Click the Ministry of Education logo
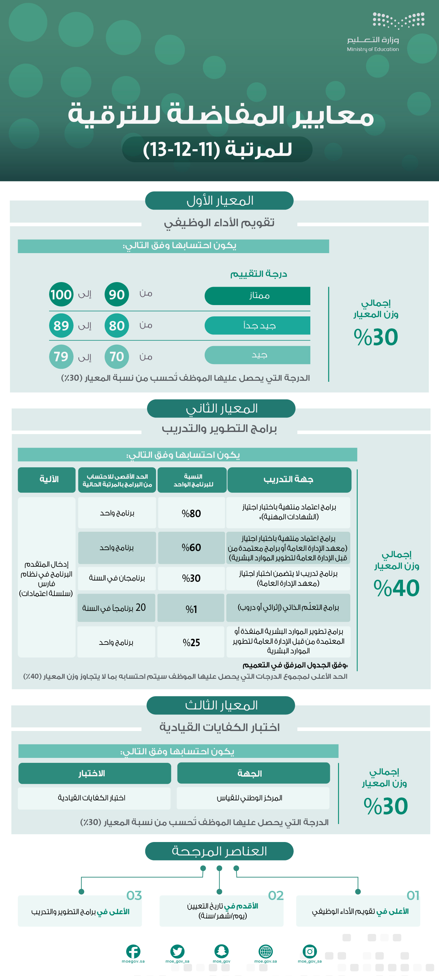click(398, 21)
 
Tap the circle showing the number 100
click(61, 294)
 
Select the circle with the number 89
click(61, 326)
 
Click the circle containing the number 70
click(117, 357)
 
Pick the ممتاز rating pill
click(258, 296)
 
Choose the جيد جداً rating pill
click(258, 326)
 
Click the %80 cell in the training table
click(191, 513)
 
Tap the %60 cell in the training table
click(191, 548)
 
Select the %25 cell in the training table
click(191, 643)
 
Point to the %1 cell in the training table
click(191, 609)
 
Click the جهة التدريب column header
click(289, 480)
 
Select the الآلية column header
click(48, 480)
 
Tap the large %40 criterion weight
click(397, 588)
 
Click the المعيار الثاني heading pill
click(221, 408)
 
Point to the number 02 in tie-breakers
click(276, 896)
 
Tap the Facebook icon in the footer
click(133, 951)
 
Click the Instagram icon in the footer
click(310, 951)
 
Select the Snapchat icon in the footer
click(221, 951)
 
